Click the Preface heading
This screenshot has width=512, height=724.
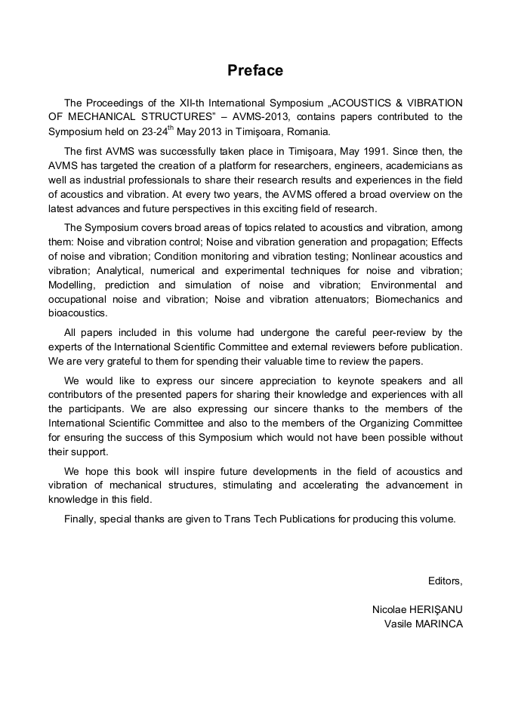[255, 70]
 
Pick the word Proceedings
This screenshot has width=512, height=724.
[115, 103]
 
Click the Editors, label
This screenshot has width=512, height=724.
[445, 581]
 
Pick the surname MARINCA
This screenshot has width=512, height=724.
[439, 624]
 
